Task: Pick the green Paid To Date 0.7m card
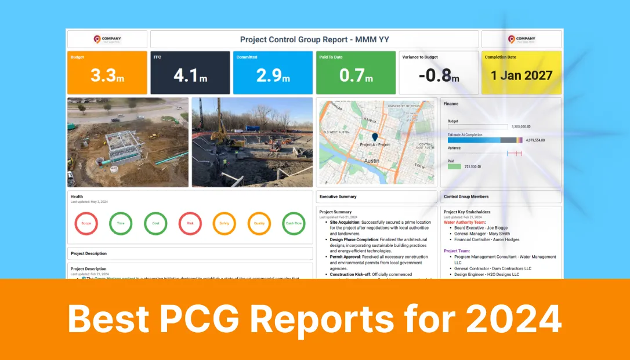pos(356,72)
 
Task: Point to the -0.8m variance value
pos(439,75)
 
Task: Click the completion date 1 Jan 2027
pos(522,75)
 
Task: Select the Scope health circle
pos(86,223)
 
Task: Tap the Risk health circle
pos(190,223)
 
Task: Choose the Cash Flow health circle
pos(294,223)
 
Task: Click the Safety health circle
pos(225,223)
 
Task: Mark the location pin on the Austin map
pos(375,138)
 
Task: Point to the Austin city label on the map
pos(372,160)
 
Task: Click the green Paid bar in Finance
pos(454,166)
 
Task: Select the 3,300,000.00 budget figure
pos(521,126)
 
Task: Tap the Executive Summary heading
pos(338,197)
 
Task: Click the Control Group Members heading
pos(466,197)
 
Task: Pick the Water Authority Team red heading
pos(465,222)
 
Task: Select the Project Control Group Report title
pos(314,39)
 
